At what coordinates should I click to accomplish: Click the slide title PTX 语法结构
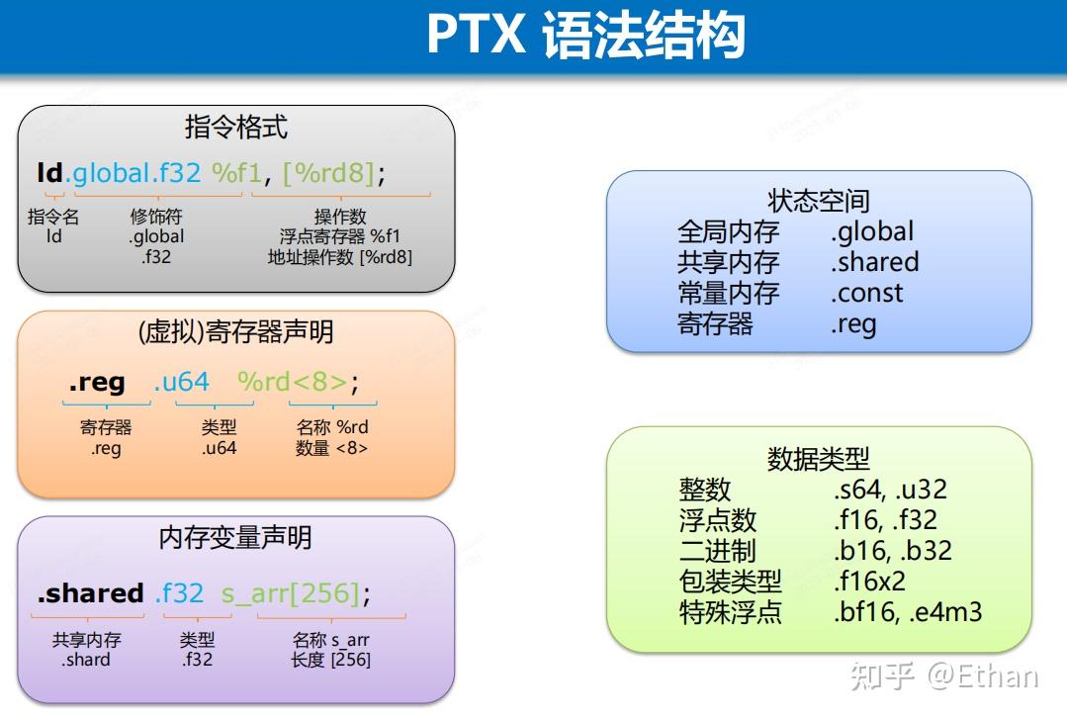pos(584,36)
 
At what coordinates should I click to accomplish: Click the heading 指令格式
pos(235,127)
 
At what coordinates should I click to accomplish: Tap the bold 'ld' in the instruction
pos(49,173)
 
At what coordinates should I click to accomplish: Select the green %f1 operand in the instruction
pos(236,173)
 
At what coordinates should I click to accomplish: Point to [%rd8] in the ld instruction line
pos(328,173)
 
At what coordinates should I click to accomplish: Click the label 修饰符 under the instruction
pos(156,217)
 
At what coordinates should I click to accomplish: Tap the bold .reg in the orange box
pos(97,382)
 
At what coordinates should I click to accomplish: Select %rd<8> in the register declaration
pos(293,382)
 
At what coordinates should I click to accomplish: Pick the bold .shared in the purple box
pos(90,593)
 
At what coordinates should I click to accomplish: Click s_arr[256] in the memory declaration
pos(289,593)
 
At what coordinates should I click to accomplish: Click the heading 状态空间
pos(818,201)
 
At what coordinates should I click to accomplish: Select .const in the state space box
pos(866,293)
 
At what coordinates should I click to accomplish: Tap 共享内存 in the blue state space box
pos(728,262)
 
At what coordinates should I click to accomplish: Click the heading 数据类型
pos(818,458)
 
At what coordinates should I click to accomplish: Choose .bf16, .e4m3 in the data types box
pos(907,612)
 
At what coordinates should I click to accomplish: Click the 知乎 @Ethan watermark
pos(943,676)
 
